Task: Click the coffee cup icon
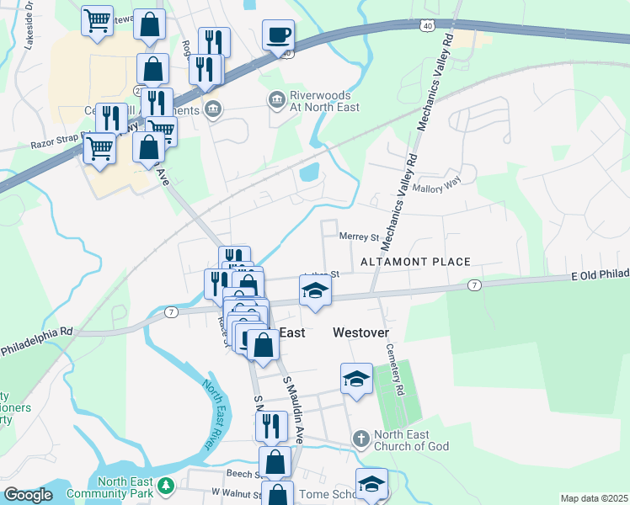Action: tap(278, 35)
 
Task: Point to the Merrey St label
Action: tap(358, 237)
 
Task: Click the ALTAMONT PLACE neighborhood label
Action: tap(415, 262)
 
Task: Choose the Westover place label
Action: tap(360, 332)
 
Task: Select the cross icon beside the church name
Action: tap(360, 439)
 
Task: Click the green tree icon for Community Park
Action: tap(167, 486)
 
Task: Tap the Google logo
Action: tap(28, 495)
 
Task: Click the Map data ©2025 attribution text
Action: tap(594, 498)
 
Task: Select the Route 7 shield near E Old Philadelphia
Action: tap(475, 286)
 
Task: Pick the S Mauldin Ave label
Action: tap(294, 411)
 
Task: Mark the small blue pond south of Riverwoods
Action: tap(308, 174)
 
